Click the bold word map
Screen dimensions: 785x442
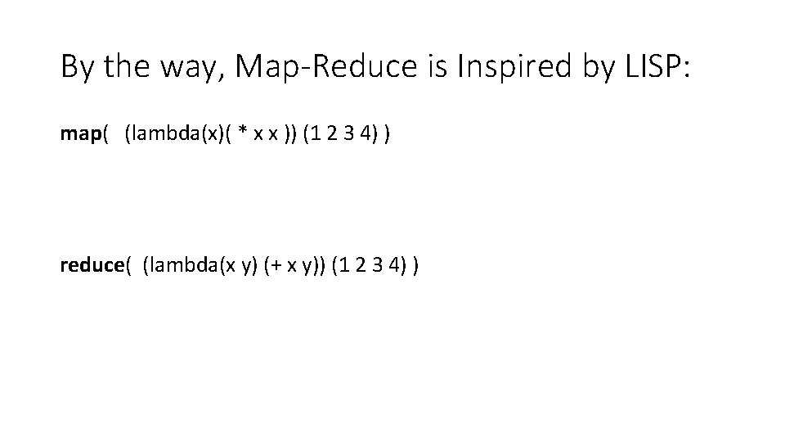[79, 133]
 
